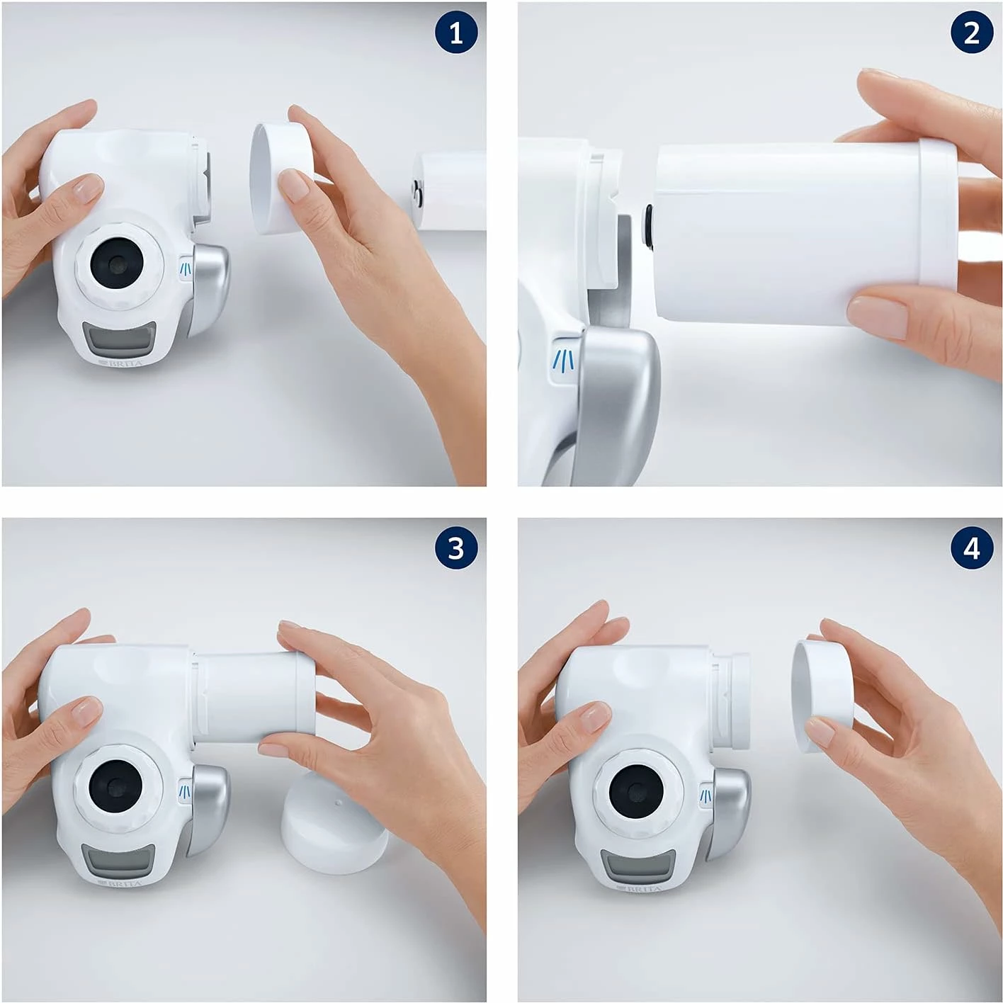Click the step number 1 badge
pyautogui.click(x=456, y=33)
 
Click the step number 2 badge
pyautogui.click(x=971, y=33)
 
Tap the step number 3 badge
pyautogui.click(x=456, y=548)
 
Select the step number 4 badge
pyautogui.click(x=971, y=548)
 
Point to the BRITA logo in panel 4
pyautogui.click(x=639, y=888)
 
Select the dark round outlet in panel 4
pyautogui.click(x=636, y=792)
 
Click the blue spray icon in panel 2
pyautogui.click(x=565, y=360)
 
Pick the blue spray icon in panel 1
pyautogui.click(x=186, y=268)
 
